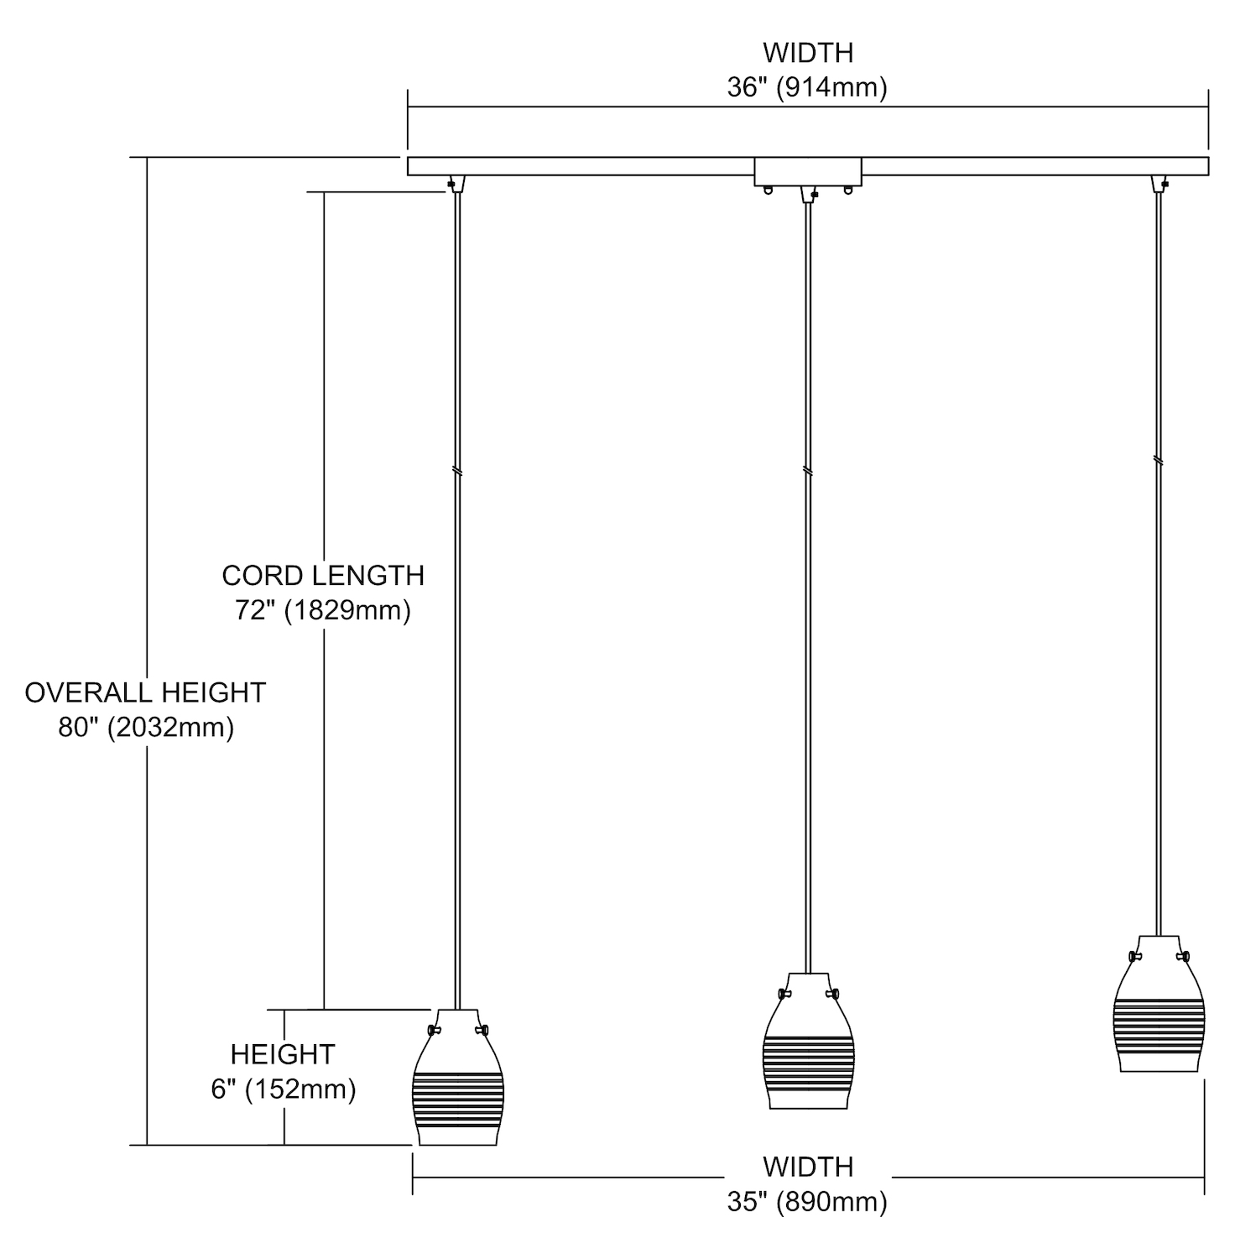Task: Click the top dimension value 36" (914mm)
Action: click(806, 87)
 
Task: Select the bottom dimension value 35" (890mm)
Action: click(806, 1202)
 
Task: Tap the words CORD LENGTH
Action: click(323, 576)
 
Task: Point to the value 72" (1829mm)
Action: click(323, 610)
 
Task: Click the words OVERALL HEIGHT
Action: click(145, 692)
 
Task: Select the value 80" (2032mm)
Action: click(146, 727)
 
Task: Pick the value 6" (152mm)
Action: click(284, 1089)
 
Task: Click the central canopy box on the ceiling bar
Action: click(808, 171)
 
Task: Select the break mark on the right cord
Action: click(1159, 460)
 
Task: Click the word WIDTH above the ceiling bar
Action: click(807, 52)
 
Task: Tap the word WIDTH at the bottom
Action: click(807, 1167)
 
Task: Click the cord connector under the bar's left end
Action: click(456, 184)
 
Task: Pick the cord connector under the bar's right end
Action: click(1159, 184)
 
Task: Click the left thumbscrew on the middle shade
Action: click(784, 995)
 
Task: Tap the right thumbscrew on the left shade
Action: click(482, 1030)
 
